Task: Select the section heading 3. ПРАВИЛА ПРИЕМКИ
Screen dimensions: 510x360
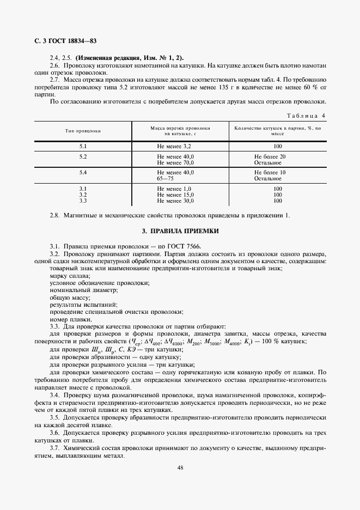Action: pos(180,231)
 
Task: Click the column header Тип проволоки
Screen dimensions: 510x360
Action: pos(83,131)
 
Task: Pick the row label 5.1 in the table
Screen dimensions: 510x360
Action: pos(83,147)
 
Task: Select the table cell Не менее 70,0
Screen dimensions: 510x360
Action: pos(175,162)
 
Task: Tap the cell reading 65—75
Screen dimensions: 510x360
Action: pos(166,178)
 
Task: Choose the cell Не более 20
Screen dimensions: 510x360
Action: pos(270,157)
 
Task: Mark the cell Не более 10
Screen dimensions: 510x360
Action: pos(270,173)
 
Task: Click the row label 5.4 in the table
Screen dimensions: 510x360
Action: pos(83,173)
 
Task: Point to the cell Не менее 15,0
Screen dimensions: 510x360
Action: pos(175,195)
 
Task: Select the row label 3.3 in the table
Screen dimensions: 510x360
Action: pos(83,200)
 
